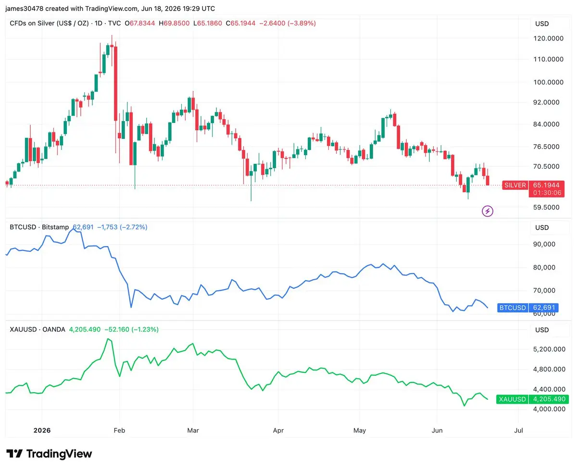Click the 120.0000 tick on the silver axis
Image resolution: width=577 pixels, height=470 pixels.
548,38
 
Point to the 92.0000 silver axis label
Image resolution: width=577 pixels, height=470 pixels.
546,102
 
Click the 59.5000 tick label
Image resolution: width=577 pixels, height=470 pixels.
546,208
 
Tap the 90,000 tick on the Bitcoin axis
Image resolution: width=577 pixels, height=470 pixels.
544,244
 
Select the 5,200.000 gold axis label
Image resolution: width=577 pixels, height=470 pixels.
549,349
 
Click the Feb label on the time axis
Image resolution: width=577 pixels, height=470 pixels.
119,430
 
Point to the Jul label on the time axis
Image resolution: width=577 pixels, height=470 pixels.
518,430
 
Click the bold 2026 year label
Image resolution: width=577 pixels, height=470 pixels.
42,430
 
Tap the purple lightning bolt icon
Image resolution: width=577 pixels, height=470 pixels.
488,211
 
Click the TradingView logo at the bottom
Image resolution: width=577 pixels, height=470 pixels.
49,454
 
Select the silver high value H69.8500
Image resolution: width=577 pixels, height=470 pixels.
174,23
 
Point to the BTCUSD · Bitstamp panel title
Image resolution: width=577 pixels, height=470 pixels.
39,227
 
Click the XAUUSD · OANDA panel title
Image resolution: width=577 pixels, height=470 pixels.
38,329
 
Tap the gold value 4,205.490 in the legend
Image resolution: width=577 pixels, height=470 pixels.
85,329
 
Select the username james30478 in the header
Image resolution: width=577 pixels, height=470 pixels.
25,9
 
